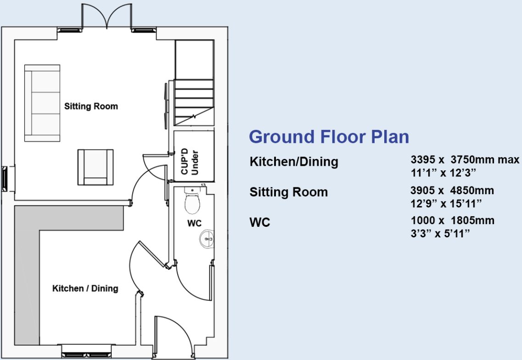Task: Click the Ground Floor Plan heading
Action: [329, 137]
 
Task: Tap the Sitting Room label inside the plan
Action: [91, 107]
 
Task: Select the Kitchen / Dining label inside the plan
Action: [85, 288]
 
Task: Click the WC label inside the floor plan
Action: [194, 224]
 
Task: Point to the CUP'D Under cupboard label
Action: [190, 161]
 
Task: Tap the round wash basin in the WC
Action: [208, 238]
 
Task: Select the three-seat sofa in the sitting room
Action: [43, 102]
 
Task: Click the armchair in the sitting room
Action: [95, 166]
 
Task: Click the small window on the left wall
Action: [5, 179]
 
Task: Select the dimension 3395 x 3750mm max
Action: [465, 160]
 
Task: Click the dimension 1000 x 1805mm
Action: [452, 220]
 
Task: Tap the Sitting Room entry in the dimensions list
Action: [288, 192]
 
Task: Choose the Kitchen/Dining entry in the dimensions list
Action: [294, 162]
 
